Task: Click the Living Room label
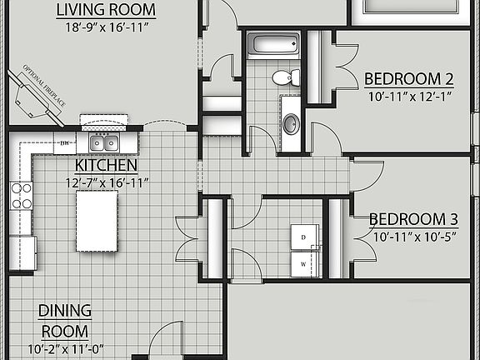[x=106, y=10]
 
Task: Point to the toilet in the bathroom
[x=286, y=78]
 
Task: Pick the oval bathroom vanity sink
[x=291, y=124]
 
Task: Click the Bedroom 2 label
[x=408, y=79]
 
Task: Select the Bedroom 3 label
[x=413, y=220]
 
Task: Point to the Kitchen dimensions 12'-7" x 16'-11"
[x=106, y=182]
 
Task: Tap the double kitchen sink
[x=104, y=143]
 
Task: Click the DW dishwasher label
[x=65, y=143]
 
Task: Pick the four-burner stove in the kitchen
[x=21, y=196]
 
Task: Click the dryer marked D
[x=303, y=237]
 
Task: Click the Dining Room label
[x=65, y=320]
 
